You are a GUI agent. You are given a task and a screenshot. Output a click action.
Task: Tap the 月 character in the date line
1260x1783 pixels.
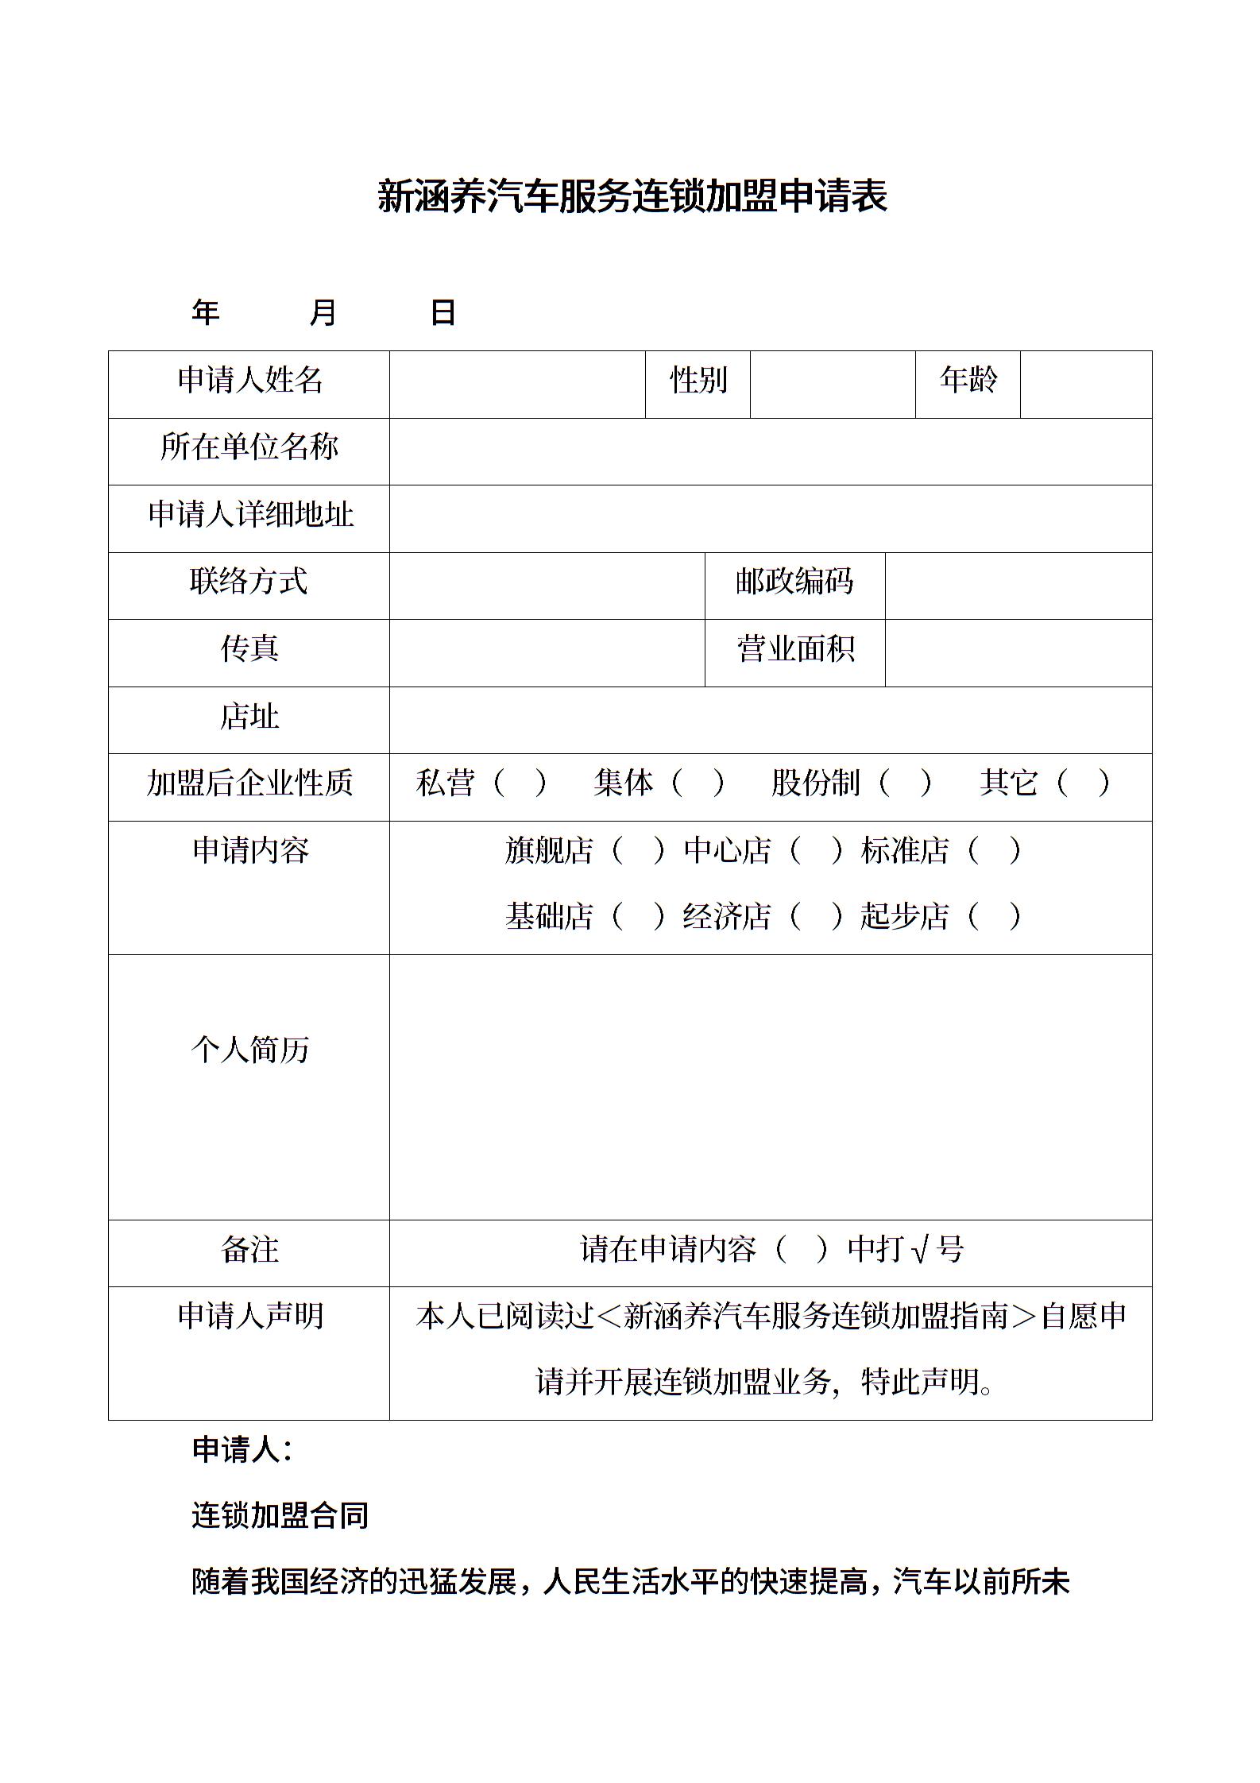click(x=323, y=312)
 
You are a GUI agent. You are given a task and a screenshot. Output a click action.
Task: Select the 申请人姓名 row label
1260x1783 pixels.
click(x=249, y=380)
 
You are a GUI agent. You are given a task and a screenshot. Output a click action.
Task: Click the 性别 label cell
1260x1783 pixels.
click(x=698, y=380)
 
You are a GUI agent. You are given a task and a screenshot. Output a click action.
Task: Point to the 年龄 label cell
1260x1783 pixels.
click(x=968, y=380)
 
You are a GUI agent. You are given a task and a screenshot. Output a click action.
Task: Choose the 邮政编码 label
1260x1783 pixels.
click(x=794, y=582)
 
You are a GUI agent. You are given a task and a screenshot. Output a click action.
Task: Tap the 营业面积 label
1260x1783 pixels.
click(x=794, y=649)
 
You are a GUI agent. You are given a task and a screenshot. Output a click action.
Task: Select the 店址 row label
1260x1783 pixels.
click(x=249, y=716)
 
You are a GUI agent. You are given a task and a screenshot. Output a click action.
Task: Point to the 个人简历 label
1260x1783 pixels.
click(x=249, y=1050)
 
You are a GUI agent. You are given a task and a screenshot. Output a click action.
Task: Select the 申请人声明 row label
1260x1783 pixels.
click(x=249, y=1316)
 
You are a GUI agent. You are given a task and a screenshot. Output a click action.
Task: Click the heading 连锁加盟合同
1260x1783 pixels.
click(x=280, y=1516)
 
